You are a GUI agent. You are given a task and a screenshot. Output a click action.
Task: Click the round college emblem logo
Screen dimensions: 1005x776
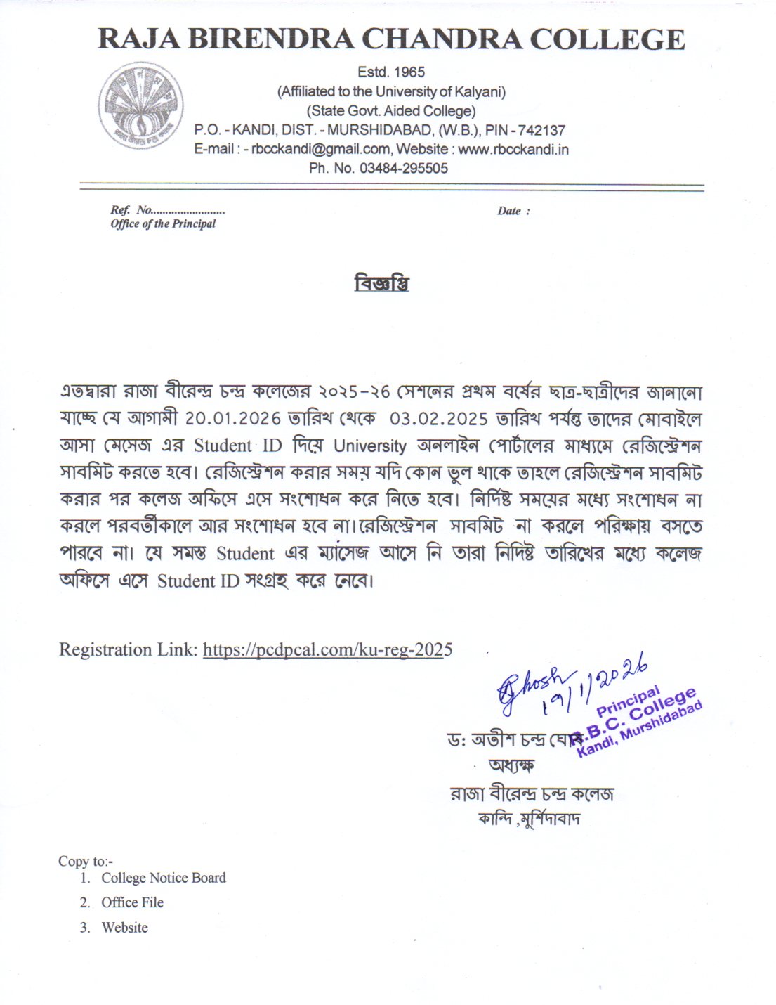[139, 105]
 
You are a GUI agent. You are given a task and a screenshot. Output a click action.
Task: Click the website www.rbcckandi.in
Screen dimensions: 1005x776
[513, 149]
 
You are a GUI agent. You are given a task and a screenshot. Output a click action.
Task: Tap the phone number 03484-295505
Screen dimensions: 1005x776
[403, 169]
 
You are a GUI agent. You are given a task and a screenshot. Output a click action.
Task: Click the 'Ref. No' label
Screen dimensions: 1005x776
[131, 210]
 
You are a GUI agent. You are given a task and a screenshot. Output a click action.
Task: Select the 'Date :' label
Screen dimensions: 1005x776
[513, 211]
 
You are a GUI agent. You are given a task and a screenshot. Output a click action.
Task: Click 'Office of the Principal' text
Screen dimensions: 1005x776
[163, 224]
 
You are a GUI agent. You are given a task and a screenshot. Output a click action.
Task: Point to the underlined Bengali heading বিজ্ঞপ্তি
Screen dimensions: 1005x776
[381, 284]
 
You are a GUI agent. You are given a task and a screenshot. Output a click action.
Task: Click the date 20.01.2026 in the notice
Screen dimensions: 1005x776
[233, 419]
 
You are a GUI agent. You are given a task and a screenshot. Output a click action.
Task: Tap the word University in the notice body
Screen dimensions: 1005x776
[370, 446]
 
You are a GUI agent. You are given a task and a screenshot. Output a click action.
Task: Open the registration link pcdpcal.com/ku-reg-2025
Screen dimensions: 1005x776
[327, 649]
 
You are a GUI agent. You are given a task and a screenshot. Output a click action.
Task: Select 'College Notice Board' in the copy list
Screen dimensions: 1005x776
[164, 878]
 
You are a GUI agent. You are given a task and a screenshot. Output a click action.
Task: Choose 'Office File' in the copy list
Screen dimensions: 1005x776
[132, 902]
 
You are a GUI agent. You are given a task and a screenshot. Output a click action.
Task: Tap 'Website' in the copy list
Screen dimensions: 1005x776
[124, 928]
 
